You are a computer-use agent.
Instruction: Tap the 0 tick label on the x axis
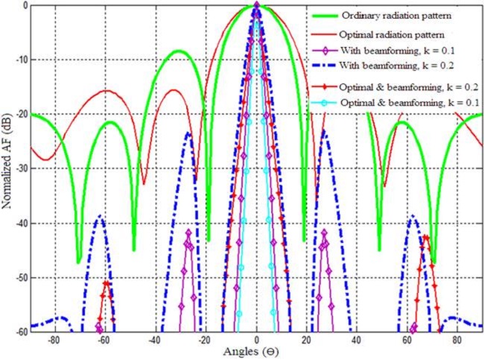[x=256, y=338]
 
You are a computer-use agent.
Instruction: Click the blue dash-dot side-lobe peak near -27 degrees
[x=188, y=133]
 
